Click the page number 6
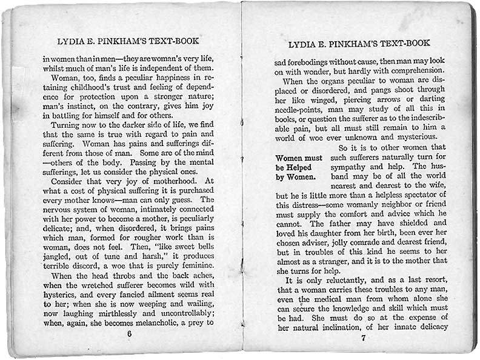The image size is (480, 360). pos(128,334)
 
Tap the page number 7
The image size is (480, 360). pos(362,338)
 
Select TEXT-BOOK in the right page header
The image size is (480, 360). pos(405,44)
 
